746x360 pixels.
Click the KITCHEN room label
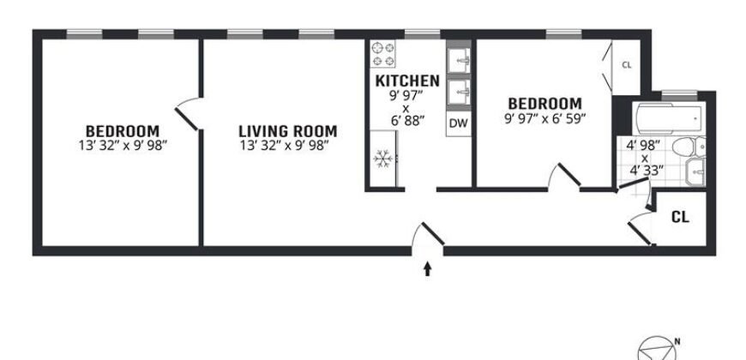click(407, 81)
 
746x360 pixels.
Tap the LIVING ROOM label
click(287, 131)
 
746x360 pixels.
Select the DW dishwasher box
click(459, 123)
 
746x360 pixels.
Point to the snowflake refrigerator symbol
click(382, 159)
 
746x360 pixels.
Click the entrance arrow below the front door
click(428, 270)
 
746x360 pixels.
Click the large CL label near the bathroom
click(680, 217)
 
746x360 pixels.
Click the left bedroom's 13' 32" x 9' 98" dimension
click(121, 145)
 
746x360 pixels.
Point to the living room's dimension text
click(287, 145)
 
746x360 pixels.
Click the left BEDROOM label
click(121, 131)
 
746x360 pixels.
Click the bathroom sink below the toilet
click(695, 172)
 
